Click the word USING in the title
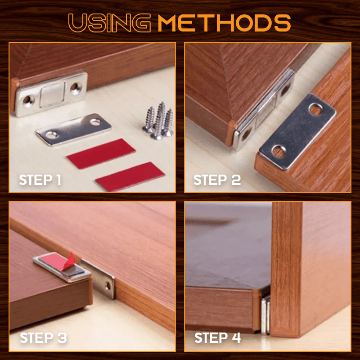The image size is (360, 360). pyautogui.click(x=109, y=23)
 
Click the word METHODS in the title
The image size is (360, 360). pyautogui.click(x=224, y=23)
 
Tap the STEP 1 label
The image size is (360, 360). pyautogui.click(x=40, y=180)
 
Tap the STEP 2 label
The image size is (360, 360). pyautogui.click(x=217, y=180)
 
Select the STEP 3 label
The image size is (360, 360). pyautogui.click(x=43, y=338)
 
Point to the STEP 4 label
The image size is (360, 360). pyautogui.click(x=218, y=338)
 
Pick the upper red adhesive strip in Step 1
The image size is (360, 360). pyautogui.click(x=101, y=153)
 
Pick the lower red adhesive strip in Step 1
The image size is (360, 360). pyautogui.click(x=130, y=176)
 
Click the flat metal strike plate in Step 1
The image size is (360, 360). pyautogui.click(x=73, y=130)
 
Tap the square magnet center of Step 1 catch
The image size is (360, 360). pyautogui.click(x=52, y=94)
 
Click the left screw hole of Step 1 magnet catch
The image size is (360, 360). pyautogui.click(x=28, y=101)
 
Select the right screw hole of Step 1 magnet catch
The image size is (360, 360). pyautogui.click(x=76, y=88)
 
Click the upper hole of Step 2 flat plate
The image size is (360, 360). pyautogui.click(x=316, y=109)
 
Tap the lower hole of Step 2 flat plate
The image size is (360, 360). pyautogui.click(x=279, y=151)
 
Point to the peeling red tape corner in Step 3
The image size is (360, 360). pyautogui.click(x=70, y=261)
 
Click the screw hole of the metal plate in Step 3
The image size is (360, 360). pyautogui.click(x=108, y=286)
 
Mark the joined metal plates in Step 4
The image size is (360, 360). pyautogui.click(x=265, y=315)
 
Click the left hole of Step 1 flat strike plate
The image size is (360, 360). pyautogui.click(x=52, y=135)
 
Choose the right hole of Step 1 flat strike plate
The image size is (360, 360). pyautogui.click(x=95, y=121)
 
